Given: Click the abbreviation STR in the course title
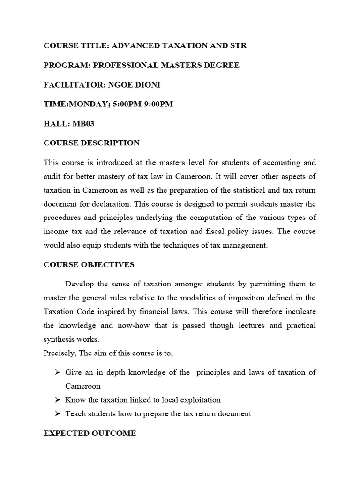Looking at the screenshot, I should tap(238, 45).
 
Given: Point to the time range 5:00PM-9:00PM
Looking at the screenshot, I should tap(140, 104).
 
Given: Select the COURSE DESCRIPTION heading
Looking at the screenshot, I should tap(91, 143).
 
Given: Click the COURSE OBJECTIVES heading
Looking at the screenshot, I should tap(89, 265).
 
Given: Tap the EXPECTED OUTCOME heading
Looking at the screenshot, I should tap(90, 434).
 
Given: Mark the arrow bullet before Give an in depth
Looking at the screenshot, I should tap(58, 373).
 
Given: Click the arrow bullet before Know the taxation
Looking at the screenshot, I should tap(58, 400).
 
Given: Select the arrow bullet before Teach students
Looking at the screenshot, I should tap(58, 414).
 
